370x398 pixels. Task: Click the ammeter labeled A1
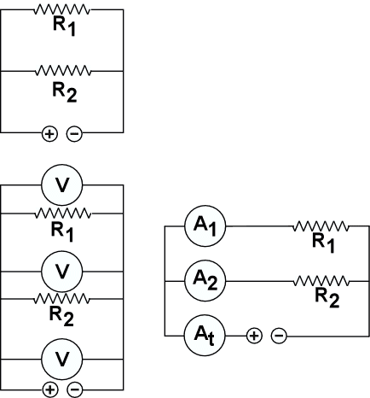click(205, 226)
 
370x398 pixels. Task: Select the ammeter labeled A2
click(205, 281)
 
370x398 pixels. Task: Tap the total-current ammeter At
click(205, 336)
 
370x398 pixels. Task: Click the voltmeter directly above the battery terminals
click(62, 360)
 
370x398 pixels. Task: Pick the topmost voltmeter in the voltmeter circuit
click(62, 185)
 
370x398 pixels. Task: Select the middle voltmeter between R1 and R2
click(62, 272)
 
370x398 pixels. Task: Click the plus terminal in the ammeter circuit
click(254, 336)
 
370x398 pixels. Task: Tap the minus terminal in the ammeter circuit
click(279, 336)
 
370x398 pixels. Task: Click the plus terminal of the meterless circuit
click(49, 134)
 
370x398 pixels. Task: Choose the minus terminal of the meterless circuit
click(74, 133)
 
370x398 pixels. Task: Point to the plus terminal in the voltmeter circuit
click(50, 389)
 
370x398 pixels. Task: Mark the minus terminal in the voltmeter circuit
click(75, 389)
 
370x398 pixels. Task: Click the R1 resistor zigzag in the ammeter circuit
click(321, 226)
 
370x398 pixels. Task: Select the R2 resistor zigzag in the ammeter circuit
click(321, 281)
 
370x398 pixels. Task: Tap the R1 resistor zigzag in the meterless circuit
click(62, 9)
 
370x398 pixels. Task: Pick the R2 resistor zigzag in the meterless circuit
click(63, 70)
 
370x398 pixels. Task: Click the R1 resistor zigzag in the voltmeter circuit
click(62, 214)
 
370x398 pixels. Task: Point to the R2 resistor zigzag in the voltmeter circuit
click(61, 299)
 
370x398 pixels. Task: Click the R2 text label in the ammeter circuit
click(327, 298)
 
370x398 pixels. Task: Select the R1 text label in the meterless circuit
click(64, 26)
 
